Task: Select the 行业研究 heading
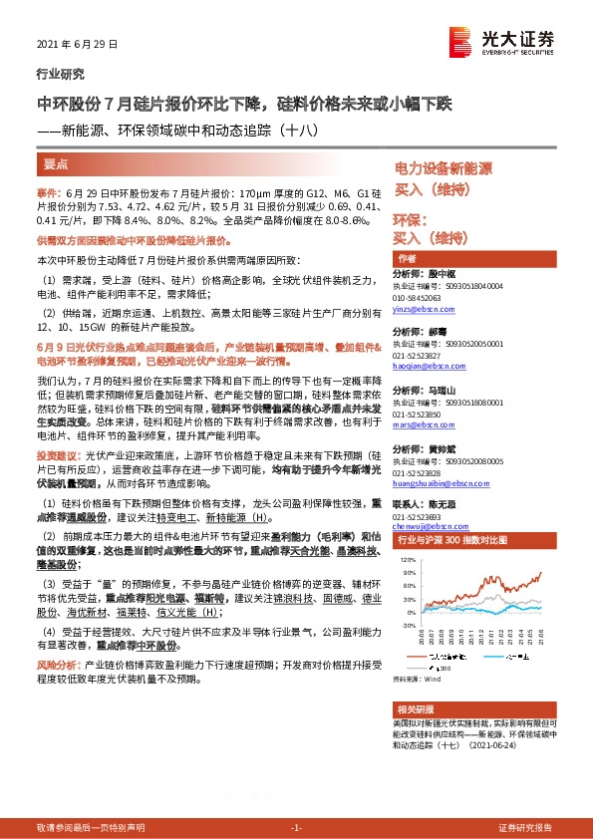pyautogui.click(x=61, y=74)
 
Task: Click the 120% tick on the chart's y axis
pyautogui.click(x=408, y=561)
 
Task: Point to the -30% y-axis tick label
pyautogui.click(x=408, y=626)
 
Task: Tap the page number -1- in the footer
pyautogui.click(x=296, y=828)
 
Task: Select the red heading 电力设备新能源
pyautogui.click(x=444, y=168)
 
